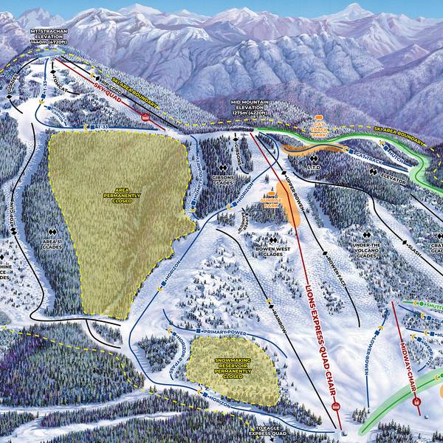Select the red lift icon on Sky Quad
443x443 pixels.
[145, 117]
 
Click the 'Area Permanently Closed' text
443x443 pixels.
[117, 196]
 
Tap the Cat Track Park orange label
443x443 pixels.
[319, 126]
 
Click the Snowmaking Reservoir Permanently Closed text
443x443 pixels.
[233, 367]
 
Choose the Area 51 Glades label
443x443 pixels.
[51, 244]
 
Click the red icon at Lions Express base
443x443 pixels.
[337, 408]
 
